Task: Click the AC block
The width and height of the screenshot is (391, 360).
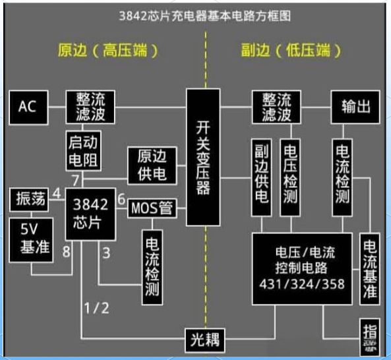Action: (28, 107)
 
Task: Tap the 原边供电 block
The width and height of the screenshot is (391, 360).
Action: (152, 165)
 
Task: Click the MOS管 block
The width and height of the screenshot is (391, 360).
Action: (152, 209)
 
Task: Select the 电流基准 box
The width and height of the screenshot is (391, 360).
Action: (369, 268)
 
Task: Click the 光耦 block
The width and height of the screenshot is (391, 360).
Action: (204, 341)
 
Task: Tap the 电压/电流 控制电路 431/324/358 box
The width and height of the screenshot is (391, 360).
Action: (305, 268)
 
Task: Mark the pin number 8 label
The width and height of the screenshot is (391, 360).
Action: (65, 250)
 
